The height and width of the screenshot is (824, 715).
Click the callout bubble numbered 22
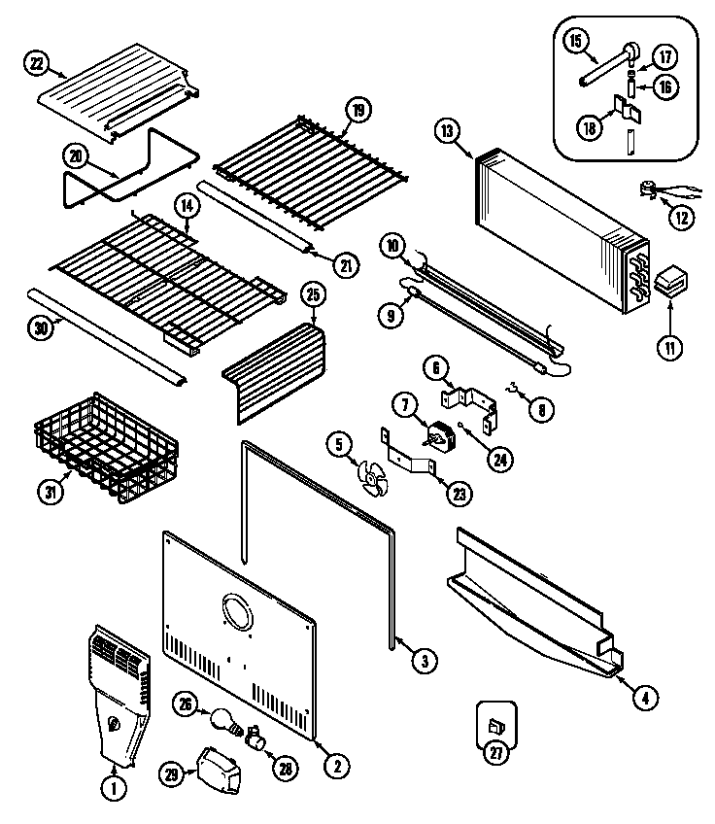[37, 63]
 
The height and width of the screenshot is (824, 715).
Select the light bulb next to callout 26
[222, 721]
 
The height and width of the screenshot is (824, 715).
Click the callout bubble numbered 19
[357, 111]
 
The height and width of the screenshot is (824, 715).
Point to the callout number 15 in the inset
[576, 42]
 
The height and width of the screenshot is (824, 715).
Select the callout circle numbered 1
[115, 790]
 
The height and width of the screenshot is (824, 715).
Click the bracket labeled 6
[476, 405]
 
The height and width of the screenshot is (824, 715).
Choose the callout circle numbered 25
[313, 293]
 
